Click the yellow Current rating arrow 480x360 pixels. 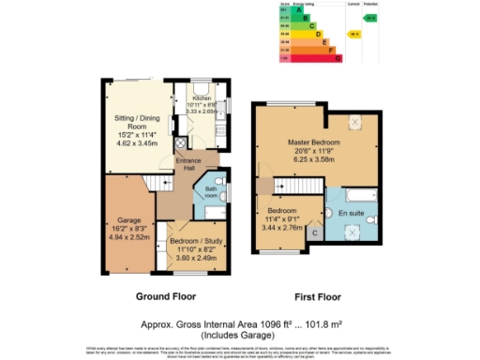point(355,35)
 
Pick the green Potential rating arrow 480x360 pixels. point(371,17)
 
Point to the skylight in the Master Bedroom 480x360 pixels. point(356,120)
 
